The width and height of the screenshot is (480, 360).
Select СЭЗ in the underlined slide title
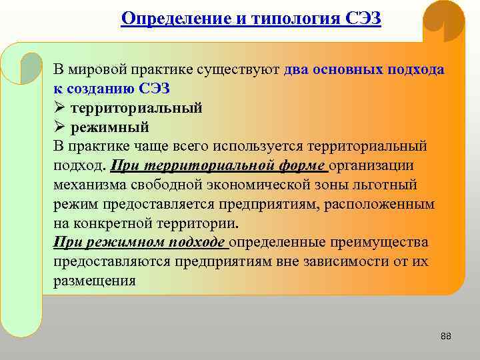pyautogui.click(x=363, y=17)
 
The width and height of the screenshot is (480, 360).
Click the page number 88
pyautogui.click(x=446, y=336)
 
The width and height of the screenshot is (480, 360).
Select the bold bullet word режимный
pyautogui.click(x=109, y=127)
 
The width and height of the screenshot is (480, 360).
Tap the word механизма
pyautogui.click(x=89, y=185)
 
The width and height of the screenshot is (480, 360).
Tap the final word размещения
pyautogui.click(x=94, y=281)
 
